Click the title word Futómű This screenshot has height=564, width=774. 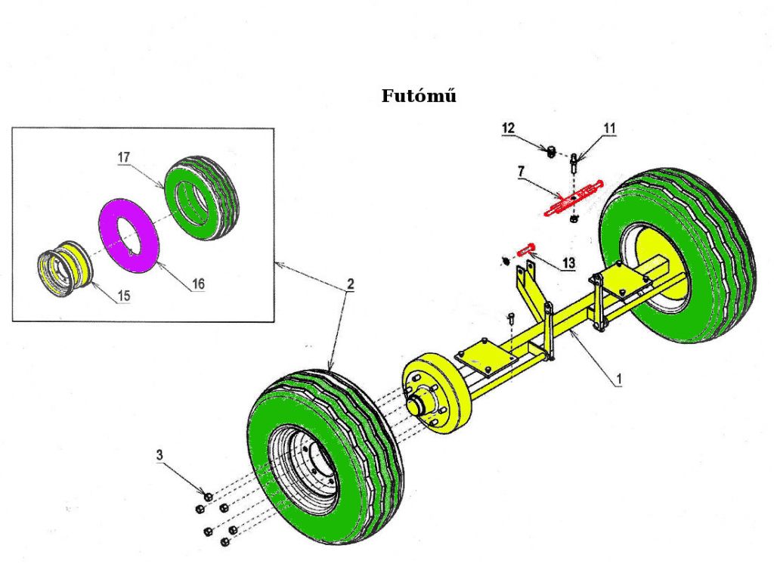(x=419, y=95)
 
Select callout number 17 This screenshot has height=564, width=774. (x=124, y=156)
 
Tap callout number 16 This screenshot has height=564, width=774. (x=198, y=284)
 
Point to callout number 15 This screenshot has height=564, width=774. (x=124, y=296)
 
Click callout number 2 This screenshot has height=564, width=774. (x=350, y=284)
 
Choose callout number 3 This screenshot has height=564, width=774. (x=159, y=454)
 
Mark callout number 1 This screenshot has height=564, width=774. (x=618, y=380)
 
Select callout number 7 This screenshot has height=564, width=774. (x=520, y=172)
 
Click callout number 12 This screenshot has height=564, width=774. (x=508, y=129)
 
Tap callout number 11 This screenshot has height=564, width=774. (x=610, y=129)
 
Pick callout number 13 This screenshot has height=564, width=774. (x=568, y=263)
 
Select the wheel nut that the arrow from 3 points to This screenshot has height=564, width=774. (x=209, y=496)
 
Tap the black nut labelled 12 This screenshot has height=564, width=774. (x=552, y=149)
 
